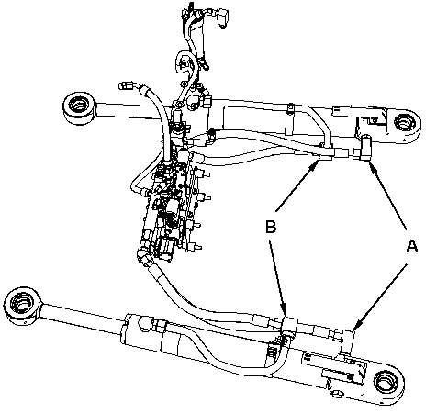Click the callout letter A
click(x=411, y=246)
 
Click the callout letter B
click(x=271, y=228)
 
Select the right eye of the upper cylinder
click(x=405, y=123)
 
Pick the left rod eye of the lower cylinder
click(x=22, y=306)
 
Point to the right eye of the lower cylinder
click(x=387, y=384)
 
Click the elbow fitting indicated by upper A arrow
click(x=363, y=149)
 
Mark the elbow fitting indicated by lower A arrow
click(x=346, y=341)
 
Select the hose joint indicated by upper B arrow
click(x=321, y=152)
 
